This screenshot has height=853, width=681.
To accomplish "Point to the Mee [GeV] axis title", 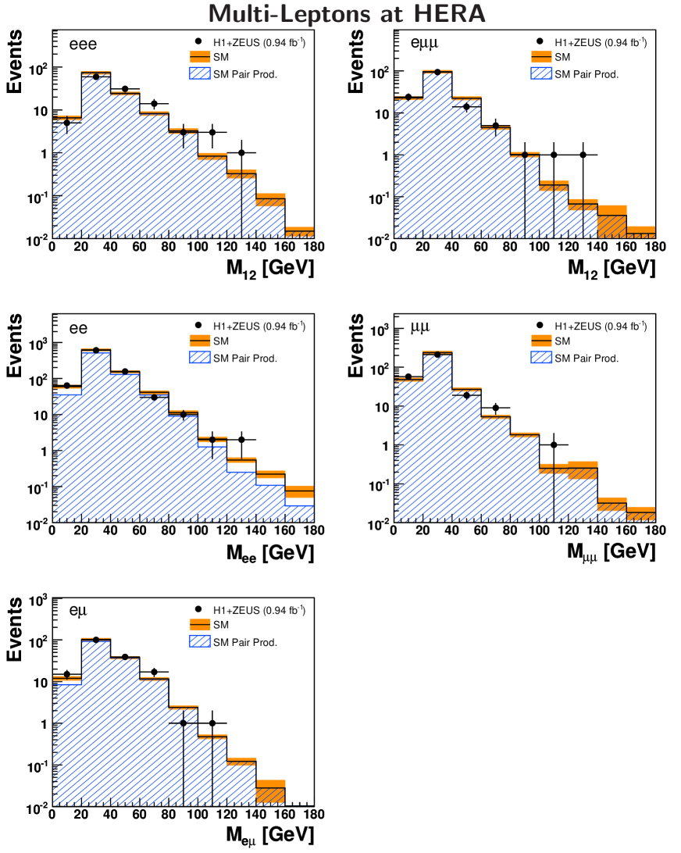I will [x=270, y=552].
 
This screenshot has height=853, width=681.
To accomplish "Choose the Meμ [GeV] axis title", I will [x=270, y=835].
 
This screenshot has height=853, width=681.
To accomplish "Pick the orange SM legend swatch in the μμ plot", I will [x=540, y=341].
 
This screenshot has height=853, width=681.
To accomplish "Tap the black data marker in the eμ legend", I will [x=200, y=610].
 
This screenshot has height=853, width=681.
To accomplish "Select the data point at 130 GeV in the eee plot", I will [x=241, y=152].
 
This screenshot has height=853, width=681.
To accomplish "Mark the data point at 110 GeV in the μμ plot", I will [x=554, y=444].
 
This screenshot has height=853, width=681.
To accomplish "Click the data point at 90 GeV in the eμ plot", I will [x=183, y=723].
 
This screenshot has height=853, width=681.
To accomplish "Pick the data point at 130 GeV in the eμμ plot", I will [x=583, y=155].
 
